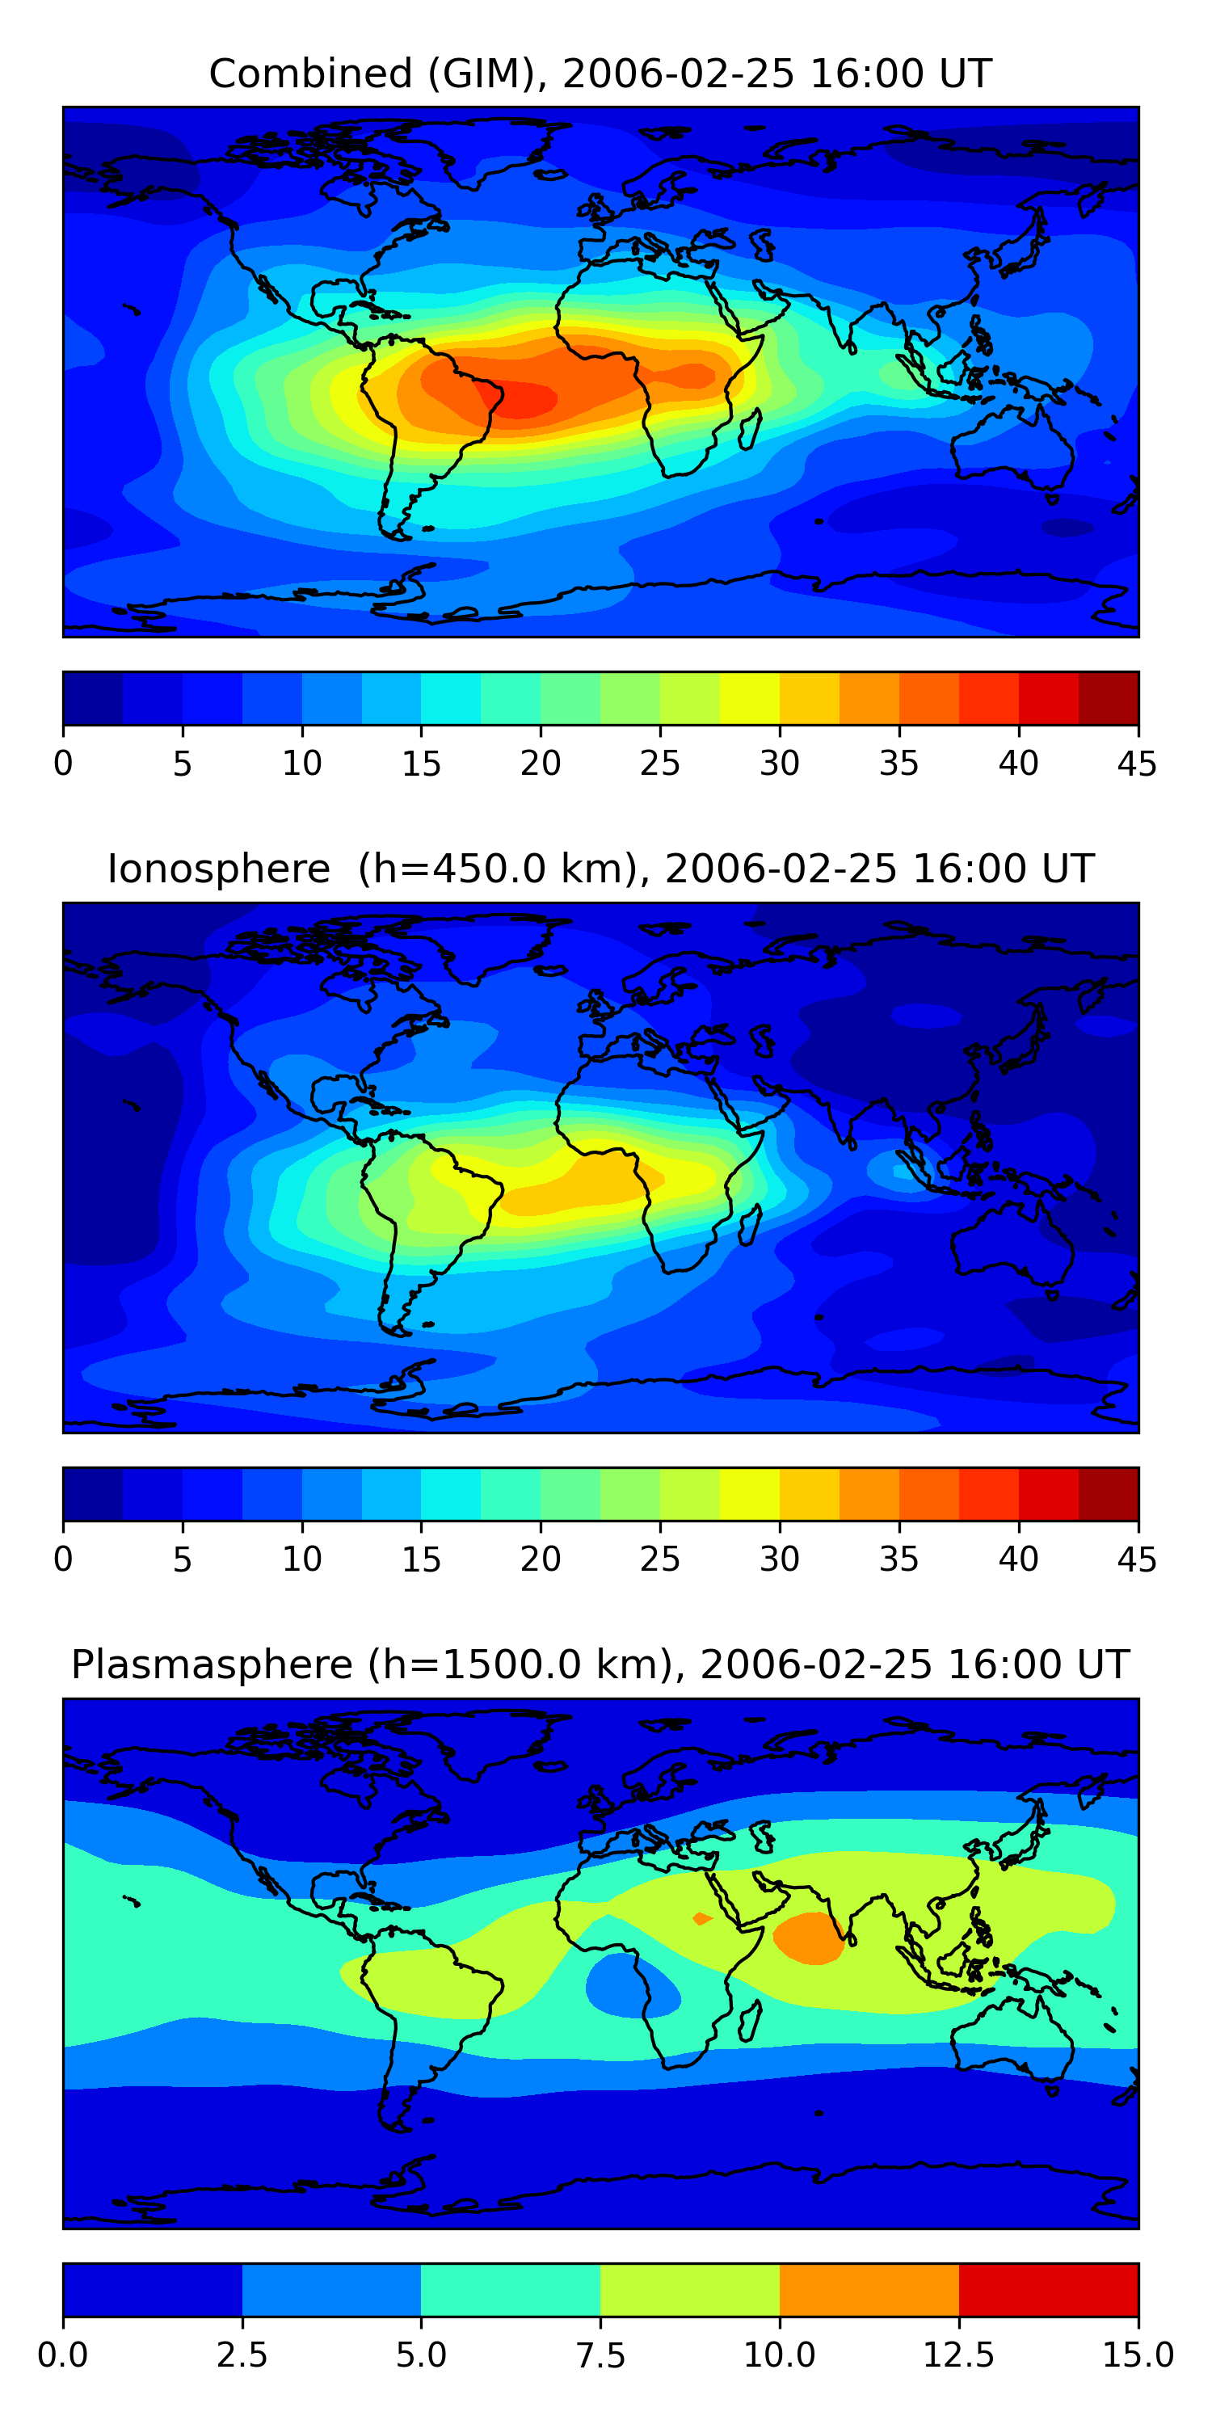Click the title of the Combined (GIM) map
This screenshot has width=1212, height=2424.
pos(600,74)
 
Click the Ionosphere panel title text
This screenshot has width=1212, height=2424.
pos(600,869)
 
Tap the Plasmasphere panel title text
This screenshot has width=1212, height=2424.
pos(600,1664)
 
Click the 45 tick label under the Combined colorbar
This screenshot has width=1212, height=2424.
pos(1137,763)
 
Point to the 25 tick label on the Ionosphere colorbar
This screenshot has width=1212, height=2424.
pos(659,1559)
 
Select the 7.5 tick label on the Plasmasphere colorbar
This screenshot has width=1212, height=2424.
pos(600,2355)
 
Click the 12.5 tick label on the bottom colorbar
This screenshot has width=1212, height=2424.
pos(959,2355)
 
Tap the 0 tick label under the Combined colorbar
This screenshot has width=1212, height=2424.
pos(63,763)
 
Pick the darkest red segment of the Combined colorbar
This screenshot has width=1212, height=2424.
pos(1109,698)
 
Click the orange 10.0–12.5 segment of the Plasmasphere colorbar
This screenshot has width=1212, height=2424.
pos(869,2289)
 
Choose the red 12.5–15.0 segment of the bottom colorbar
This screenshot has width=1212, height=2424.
pos(1048,2289)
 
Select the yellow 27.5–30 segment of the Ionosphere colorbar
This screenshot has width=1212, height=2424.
pos(750,1493)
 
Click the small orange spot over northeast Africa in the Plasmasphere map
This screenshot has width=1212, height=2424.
pos(702,1917)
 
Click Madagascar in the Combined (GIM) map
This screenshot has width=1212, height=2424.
pos(751,429)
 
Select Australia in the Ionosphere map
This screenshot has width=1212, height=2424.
pos(1012,1242)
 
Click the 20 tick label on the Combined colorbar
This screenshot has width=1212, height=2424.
pos(540,763)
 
